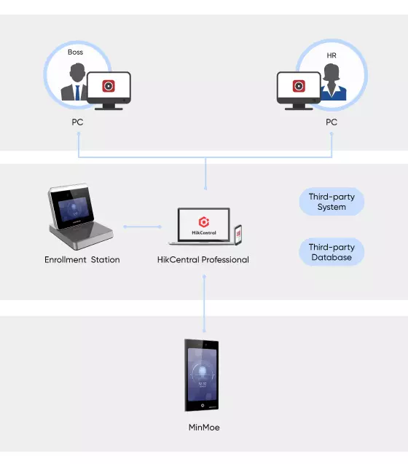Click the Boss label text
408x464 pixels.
pos(75,52)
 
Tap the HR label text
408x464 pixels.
pos(331,55)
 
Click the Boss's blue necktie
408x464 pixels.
pos(77,93)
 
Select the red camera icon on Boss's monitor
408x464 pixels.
pos(109,86)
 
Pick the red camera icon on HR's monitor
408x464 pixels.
pos(299,86)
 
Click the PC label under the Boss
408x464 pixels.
pos(77,122)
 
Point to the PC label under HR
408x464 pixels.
pos(331,122)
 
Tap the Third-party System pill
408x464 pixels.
pos(331,202)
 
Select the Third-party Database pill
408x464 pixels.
pos(331,252)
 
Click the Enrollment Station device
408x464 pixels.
pos(80,216)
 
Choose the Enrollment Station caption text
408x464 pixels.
pos(82,259)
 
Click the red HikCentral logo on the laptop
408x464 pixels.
pos(204,221)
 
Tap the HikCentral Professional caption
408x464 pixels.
pos(203,259)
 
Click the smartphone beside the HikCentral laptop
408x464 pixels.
pos(238,235)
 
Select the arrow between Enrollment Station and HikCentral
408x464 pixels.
pos(142,227)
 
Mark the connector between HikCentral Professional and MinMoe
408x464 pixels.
pos(204,303)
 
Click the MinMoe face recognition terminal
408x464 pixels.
pos(202,375)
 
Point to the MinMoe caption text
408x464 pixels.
pos(204,428)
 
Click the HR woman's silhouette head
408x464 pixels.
pos(331,73)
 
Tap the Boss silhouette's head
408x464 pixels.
pos(77,72)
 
